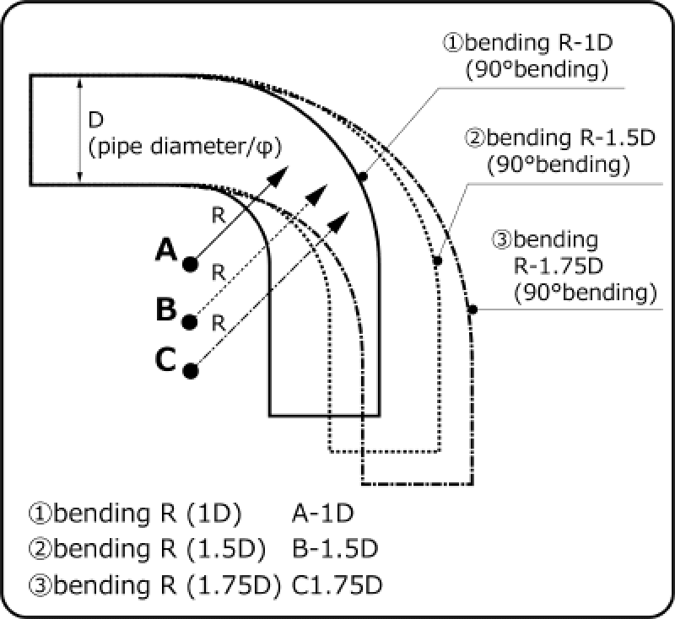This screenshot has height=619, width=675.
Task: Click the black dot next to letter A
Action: (x=191, y=264)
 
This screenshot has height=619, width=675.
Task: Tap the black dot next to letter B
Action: (x=191, y=321)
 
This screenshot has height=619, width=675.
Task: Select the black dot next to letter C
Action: (x=191, y=369)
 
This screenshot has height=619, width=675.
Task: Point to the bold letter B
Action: (x=166, y=309)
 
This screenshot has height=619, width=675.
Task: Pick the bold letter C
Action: (x=166, y=360)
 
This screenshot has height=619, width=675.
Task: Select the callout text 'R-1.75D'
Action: (x=558, y=266)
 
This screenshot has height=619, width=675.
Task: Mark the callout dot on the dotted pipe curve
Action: (x=437, y=261)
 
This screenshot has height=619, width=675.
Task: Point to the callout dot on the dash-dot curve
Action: (x=473, y=310)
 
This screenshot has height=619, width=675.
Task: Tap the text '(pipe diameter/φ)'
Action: (x=184, y=146)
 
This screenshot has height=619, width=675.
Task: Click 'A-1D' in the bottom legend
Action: (x=322, y=513)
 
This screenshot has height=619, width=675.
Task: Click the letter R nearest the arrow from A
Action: (x=218, y=216)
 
